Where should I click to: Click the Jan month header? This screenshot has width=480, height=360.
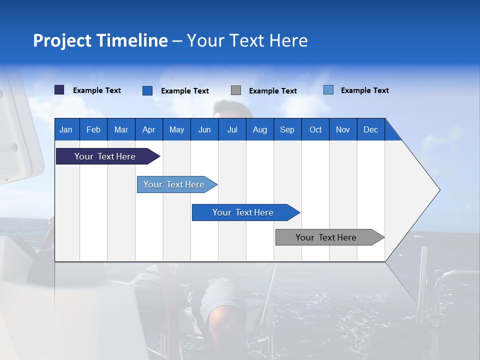66,129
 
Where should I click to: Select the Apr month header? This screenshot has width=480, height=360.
148,129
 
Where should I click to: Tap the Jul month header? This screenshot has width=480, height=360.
232,129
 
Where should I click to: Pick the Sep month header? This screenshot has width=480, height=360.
287,129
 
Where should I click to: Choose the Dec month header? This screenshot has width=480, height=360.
370,129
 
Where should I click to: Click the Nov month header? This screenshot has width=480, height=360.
342,129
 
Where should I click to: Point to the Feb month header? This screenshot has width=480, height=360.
93,129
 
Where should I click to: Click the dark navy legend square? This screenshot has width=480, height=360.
59,90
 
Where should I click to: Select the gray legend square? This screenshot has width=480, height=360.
236,90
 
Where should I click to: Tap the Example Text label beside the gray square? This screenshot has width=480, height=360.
273,91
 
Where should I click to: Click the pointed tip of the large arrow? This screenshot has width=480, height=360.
437,190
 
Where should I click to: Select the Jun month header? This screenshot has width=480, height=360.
204,129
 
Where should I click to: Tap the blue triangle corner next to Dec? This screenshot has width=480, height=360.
392,133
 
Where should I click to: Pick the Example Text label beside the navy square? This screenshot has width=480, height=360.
97,90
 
